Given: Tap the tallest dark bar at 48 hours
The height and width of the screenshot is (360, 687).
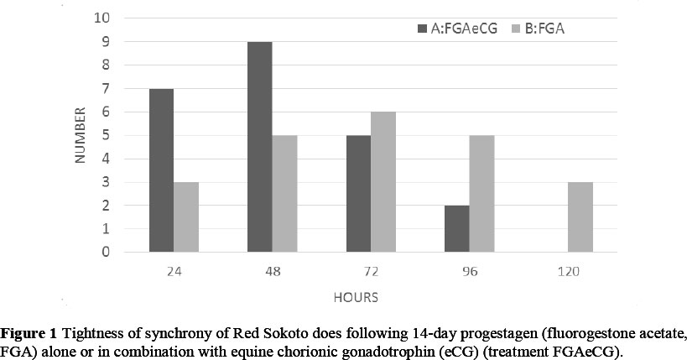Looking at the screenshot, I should (x=260, y=147).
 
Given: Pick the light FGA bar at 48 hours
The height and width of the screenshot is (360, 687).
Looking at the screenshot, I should (x=284, y=193).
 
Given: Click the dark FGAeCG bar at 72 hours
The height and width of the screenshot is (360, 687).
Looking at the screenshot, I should (x=358, y=193).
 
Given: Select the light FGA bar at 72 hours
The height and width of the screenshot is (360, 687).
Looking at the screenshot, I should (x=383, y=181).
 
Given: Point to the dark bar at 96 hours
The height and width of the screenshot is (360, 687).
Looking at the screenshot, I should (x=456, y=228).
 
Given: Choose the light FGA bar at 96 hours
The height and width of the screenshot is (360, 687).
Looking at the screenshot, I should (x=481, y=193).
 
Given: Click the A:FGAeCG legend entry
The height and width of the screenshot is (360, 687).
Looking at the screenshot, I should (x=457, y=29).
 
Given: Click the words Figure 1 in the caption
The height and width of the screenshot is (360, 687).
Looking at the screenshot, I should (x=28, y=331).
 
